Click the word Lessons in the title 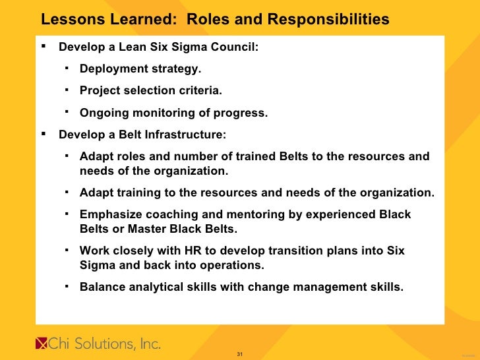click(69, 20)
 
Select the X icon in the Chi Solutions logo click(41, 344)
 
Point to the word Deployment click(111, 69)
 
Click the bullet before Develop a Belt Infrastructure click(43, 134)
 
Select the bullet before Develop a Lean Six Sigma click(43, 47)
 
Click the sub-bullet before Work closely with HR click(67, 250)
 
